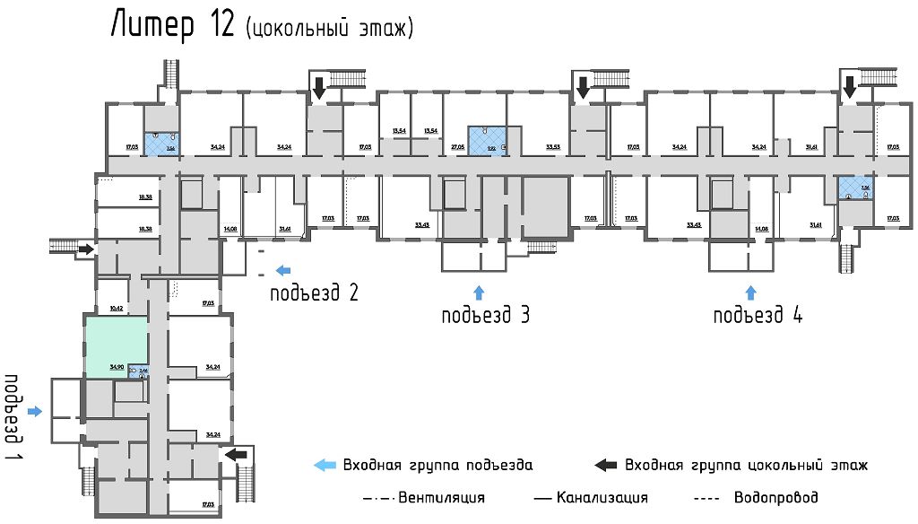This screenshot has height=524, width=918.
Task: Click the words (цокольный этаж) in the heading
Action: tap(328, 29)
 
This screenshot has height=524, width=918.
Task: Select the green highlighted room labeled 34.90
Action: tap(116, 345)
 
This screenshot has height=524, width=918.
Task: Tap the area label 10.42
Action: tap(116, 308)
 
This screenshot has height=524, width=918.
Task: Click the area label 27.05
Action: tap(457, 145)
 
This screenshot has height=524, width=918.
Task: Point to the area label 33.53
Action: tap(552, 145)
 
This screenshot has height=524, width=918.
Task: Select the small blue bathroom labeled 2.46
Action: tap(137, 370)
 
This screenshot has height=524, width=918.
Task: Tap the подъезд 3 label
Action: tap(486, 316)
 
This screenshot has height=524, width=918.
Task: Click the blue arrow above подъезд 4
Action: tap(750, 292)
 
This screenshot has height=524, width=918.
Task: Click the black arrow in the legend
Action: tap(606, 465)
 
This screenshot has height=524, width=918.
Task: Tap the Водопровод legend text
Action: tap(775, 497)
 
